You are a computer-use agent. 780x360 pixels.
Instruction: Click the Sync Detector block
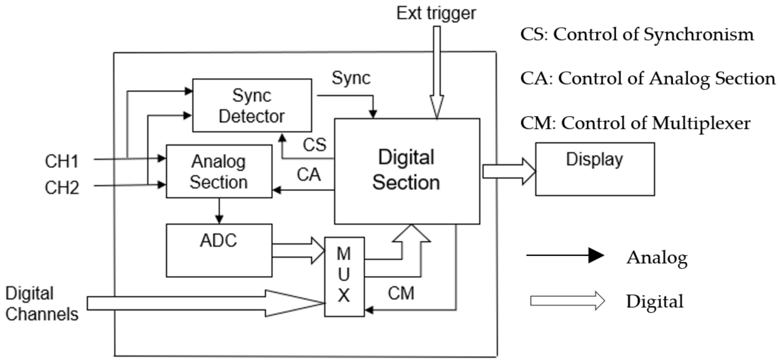[x=252, y=105]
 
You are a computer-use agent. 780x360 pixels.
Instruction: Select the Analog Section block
[x=219, y=171]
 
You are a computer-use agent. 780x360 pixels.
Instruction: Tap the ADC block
[x=219, y=250]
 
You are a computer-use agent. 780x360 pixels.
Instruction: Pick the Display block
[x=595, y=169]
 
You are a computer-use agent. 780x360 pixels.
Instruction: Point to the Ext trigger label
[x=436, y=13]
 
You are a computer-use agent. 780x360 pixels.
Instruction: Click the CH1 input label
[x=62, y=161]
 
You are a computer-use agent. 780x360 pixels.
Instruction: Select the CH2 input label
[x=62, y=188]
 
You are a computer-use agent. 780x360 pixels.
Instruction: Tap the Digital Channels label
[x=42, y=304]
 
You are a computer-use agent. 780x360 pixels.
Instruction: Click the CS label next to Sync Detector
[x=314, y=145]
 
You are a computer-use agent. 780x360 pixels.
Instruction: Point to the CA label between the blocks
[x=309, y=175]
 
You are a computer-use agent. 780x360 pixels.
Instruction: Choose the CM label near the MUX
[x=401, y=293]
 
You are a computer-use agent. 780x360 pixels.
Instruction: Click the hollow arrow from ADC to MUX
[x=298, y=251]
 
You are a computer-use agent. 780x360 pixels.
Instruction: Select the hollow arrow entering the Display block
[x=509, y=171]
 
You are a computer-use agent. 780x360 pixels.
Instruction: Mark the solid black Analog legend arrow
[x=565, y=255]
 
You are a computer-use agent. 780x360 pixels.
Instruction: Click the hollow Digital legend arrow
[x=568, y=301]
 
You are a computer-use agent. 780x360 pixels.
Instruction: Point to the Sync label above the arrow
[x=351, y=78]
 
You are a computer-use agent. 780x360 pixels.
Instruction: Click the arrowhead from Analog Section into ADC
[x=219, y=219]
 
